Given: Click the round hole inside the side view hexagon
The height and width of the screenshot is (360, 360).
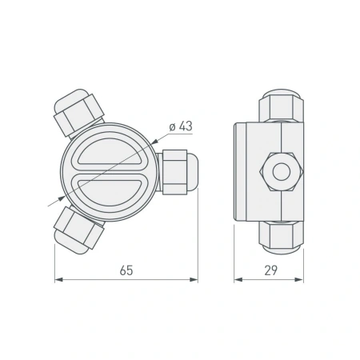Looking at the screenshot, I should pos(280,171).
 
